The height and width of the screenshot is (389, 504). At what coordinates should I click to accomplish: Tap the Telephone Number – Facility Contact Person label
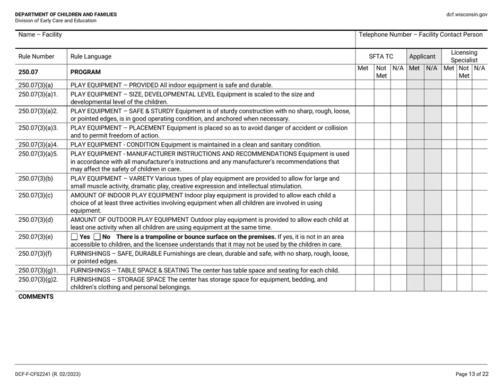click(x=421, y=35)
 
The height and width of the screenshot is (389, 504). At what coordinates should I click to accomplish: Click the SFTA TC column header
click(x=380, y=56)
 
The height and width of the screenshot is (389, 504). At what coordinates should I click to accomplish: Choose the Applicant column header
click(x=422, y=56)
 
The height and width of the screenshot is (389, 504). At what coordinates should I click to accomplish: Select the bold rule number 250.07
click(x=28, y=72)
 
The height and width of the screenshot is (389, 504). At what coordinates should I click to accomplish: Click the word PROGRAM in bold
click(x=85, y=72)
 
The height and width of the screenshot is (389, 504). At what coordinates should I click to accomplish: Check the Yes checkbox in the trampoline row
click(x=74, y=236)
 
